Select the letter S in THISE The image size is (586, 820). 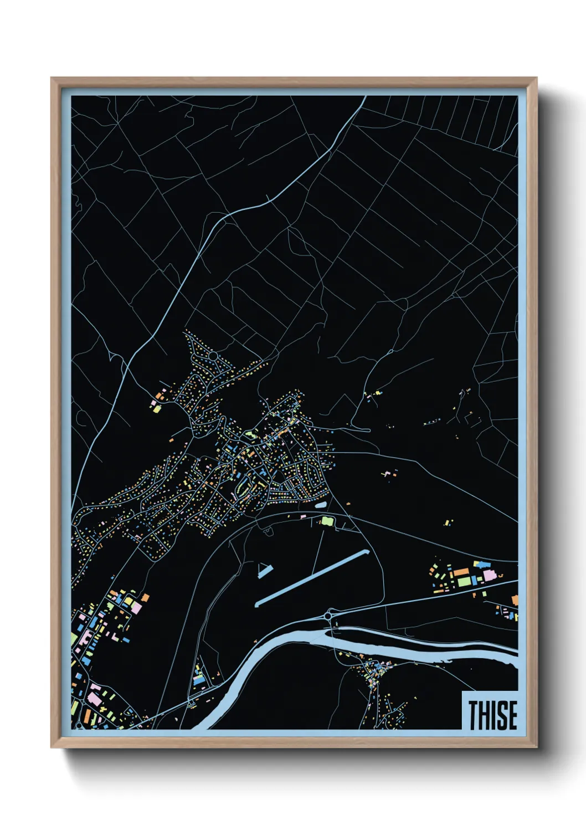point(502,715)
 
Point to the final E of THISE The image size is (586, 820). point(512,715)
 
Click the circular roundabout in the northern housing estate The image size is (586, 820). point(212,355)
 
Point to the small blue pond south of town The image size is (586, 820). point(321,505)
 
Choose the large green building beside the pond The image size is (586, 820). point(327,521)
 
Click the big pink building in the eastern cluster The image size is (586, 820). point(490,576)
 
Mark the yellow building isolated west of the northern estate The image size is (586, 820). point(156,409)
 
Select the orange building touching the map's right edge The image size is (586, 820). point(515,599)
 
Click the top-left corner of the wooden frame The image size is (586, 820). point(53,80)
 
